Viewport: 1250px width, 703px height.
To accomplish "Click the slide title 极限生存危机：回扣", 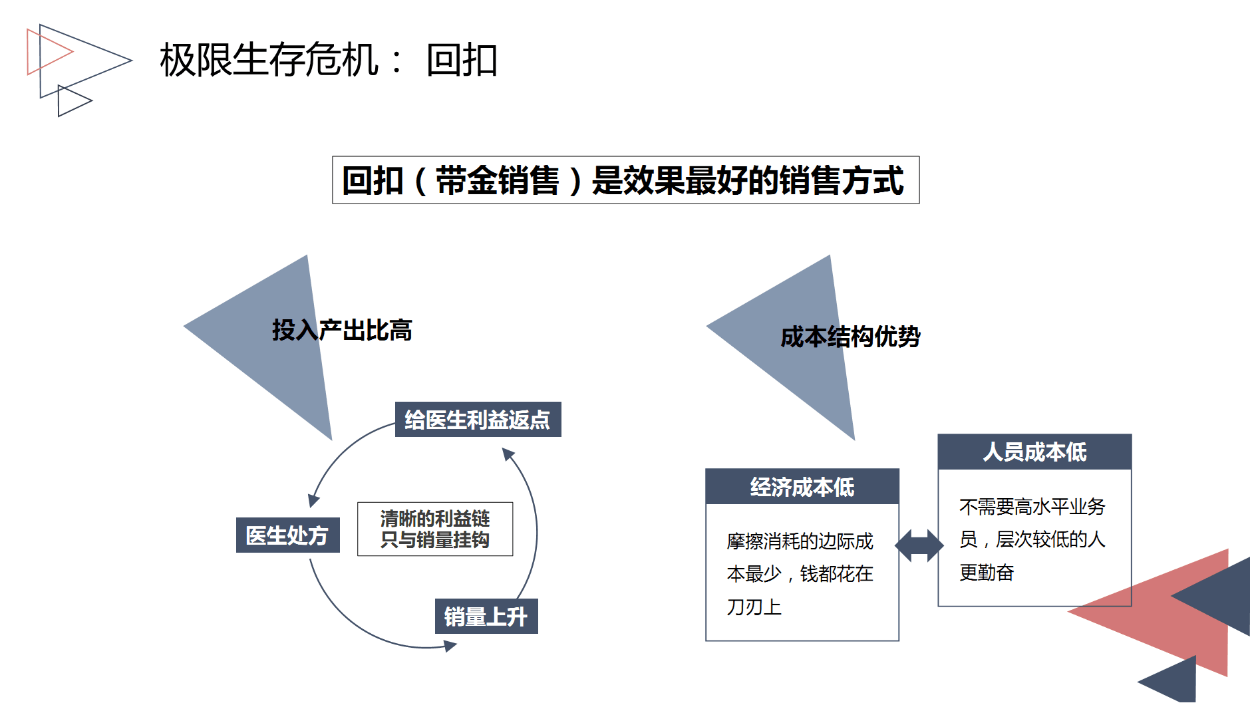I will point(328,60).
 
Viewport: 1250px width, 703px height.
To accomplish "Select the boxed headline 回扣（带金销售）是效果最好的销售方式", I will point(625,180).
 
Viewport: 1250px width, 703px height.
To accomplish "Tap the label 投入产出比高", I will point(342,330).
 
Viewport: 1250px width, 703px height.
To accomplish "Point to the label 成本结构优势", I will point(850,337).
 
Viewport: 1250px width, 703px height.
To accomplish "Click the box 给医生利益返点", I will point(478,420).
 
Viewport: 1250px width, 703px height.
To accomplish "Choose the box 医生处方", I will point(287,535).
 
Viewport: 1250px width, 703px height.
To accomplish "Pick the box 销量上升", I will point(486,617).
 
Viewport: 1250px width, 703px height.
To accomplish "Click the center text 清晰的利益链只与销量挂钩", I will point(435,529).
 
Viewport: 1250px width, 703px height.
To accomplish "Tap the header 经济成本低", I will point(802,487).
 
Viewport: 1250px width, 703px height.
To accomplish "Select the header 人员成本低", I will point(1034,452).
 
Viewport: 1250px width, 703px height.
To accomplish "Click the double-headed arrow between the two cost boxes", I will point(919,545).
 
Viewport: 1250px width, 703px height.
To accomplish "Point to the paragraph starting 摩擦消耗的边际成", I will point(800,573).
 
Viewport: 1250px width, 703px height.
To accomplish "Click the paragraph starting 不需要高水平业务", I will point(1032,539).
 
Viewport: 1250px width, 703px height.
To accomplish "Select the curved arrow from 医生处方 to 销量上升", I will point(359,625).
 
